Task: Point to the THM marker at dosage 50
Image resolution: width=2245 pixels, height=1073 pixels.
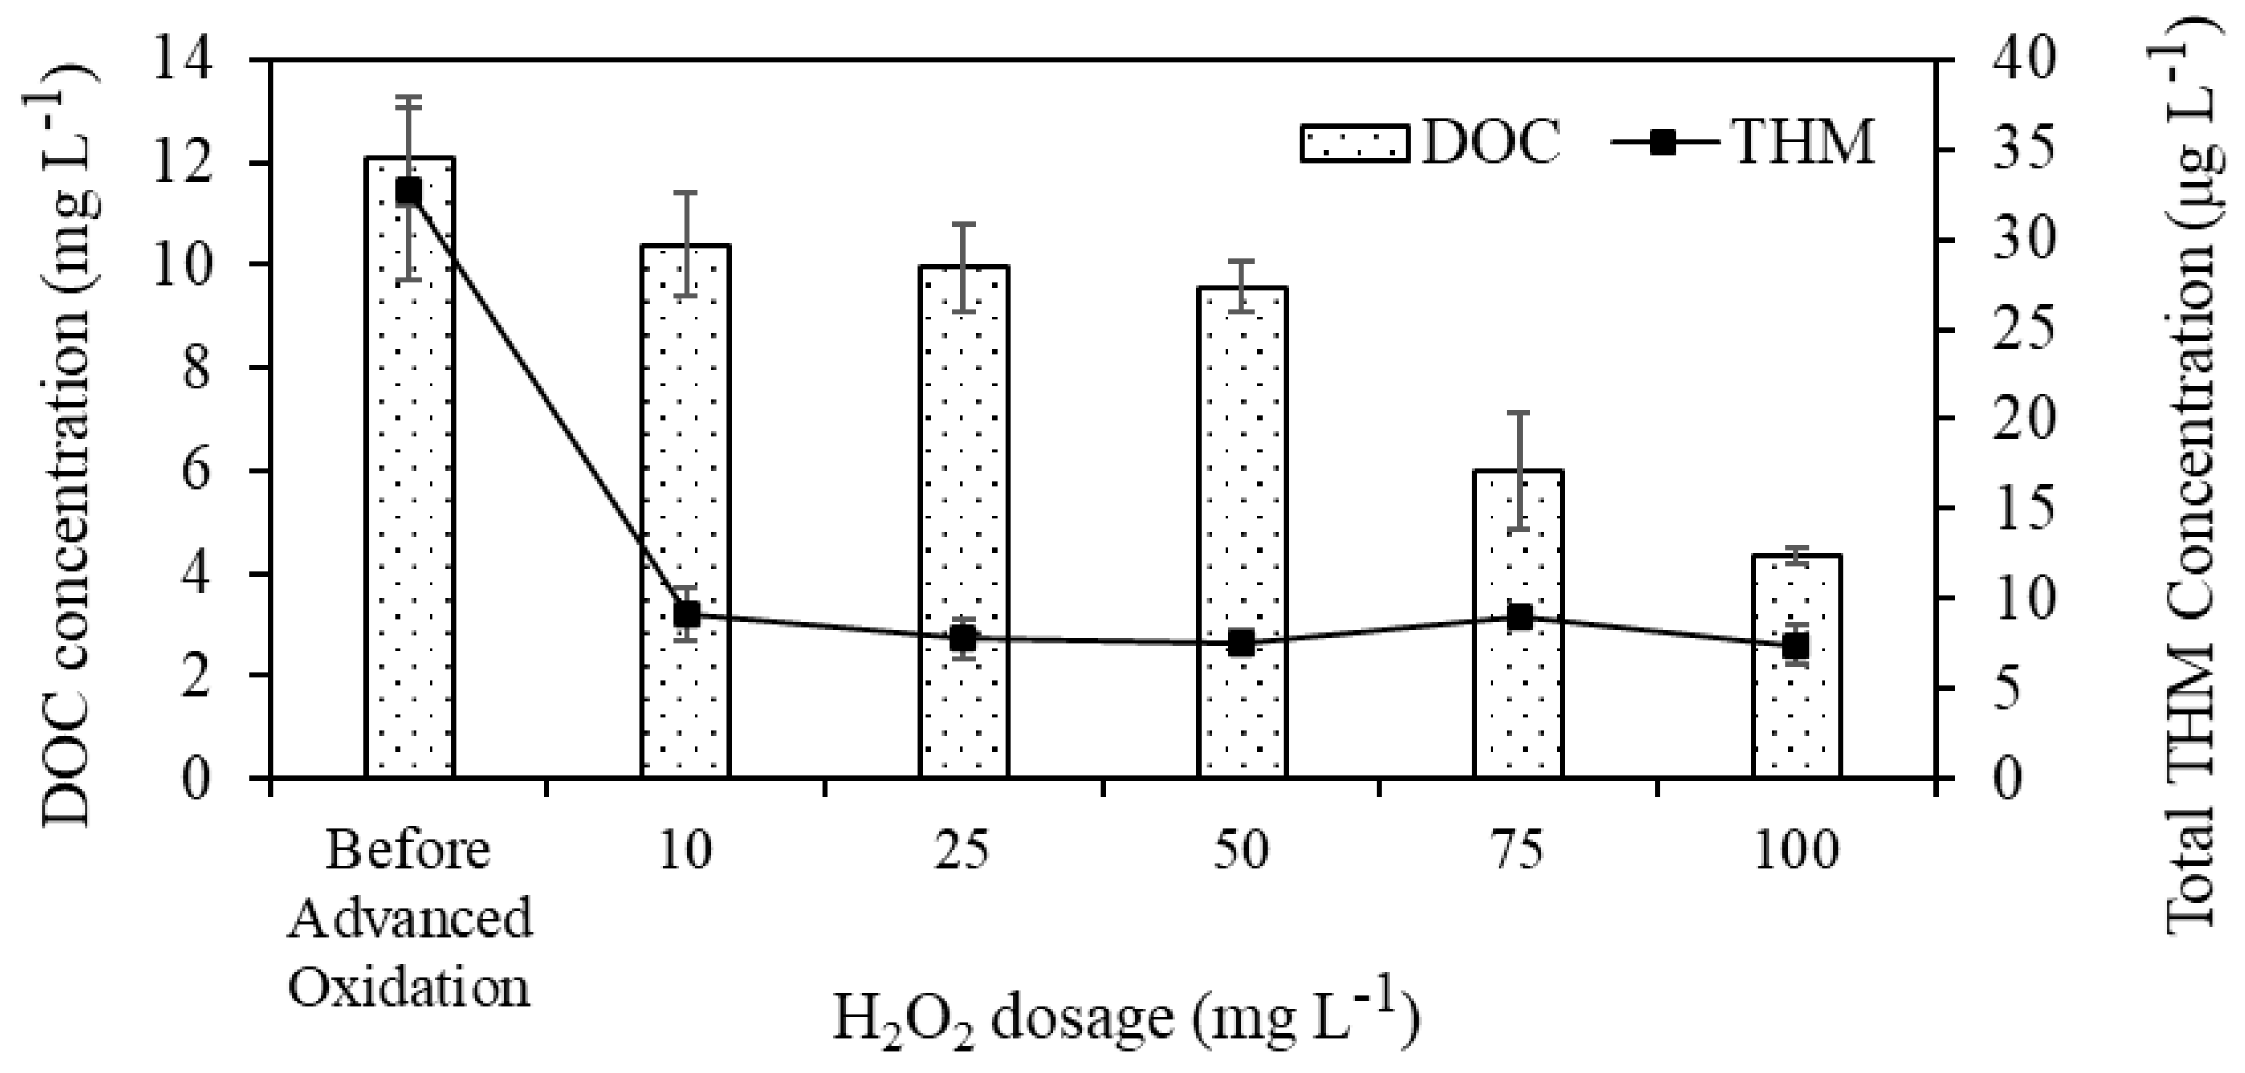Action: click(x=1241, y=644)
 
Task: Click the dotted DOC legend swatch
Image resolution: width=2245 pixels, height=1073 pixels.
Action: click(x=1354, y=143)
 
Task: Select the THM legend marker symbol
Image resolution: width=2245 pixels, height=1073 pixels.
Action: click(x=1664, y=143)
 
